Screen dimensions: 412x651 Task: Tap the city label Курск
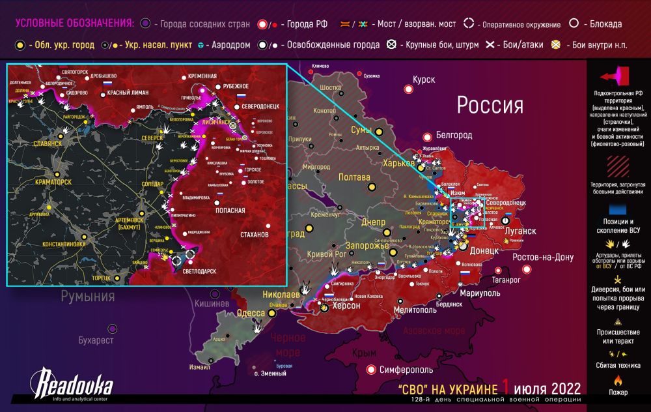pyautogui.click(x=423, y=80)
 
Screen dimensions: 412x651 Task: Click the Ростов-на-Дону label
pyautogui.click(x=543, y=257)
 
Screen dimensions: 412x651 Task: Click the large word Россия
pyautogui.click(x=490, y=105)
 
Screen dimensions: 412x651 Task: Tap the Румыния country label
pyautogui.click(x=88, y=297)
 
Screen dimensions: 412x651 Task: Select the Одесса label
pyautogui.click(x=250, y=313)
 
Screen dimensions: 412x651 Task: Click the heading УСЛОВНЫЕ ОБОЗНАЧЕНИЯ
pyautogui.click(x=74, y=24)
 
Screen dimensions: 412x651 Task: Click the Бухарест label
pyautogui.click(x=96, y=340)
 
